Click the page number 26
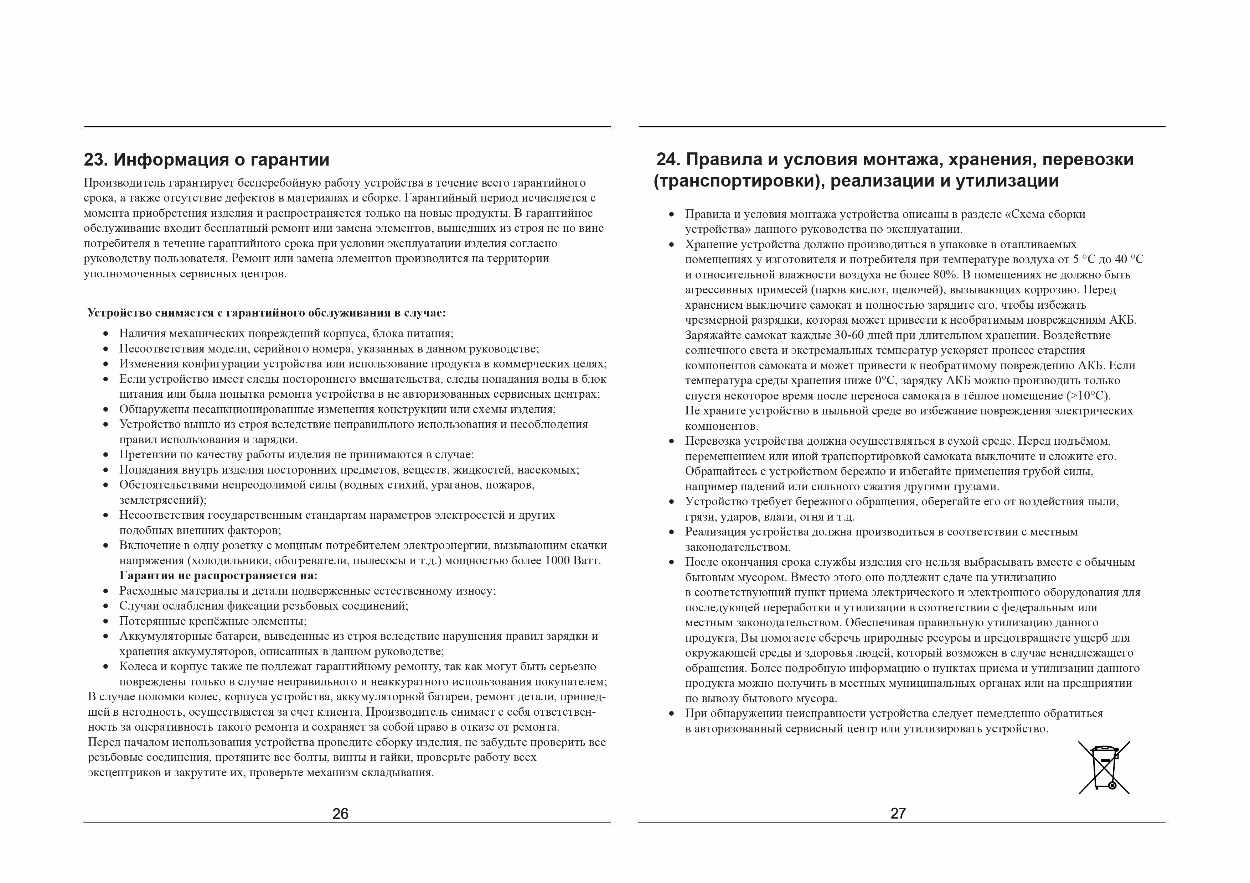(340, 814)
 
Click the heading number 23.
(95, 160)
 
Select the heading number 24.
(668, 160)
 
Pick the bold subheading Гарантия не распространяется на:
(218, 576)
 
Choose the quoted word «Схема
(1023, 214)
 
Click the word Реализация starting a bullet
(716, 532)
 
